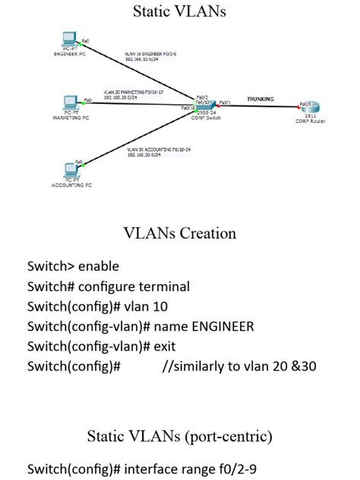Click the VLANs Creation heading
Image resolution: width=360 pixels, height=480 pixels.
(179, 233)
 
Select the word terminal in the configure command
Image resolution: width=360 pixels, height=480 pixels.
(161, 286)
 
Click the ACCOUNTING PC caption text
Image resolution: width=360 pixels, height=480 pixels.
(71, 185)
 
